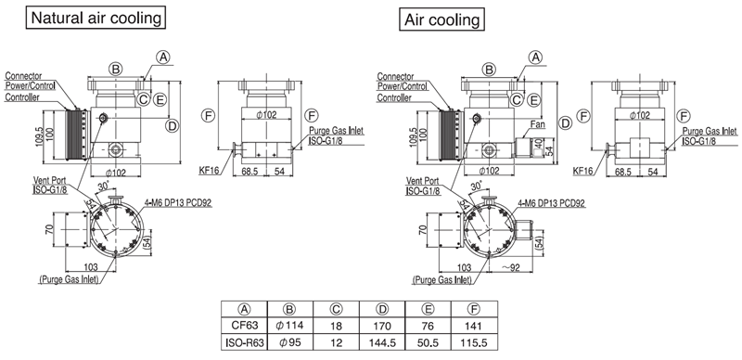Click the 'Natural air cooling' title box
pyautogui.click(x=96, y=18)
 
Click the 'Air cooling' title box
pyautogui.click(x=442, y=19)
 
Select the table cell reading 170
pyautogui.click(x=382, y=326)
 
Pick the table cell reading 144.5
pyautogui.click(x=382, y=342)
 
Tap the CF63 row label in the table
pyautogui.click(x=244, y=326)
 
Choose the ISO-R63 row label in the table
pyautogui.click(x=244, y=342)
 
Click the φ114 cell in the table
pyautogui.click(x=289, y=326)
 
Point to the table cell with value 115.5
pyautogui.click(x=474, y=342)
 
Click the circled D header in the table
pyautogui.click(x=382, y=310)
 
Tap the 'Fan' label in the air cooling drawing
pyautogui.click(x=538, y=124)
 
